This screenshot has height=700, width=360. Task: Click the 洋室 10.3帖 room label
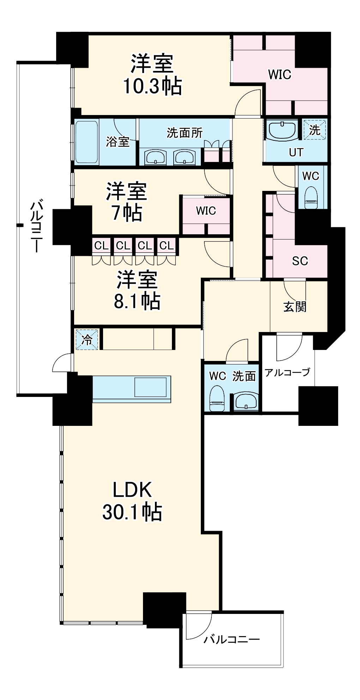(152, 74)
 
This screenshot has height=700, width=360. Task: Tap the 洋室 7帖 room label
(126, 202)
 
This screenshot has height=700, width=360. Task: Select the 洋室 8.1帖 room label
(137, 290)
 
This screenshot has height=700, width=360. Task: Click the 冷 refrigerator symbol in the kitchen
(86, 339)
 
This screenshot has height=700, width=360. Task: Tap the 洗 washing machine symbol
(314, 129)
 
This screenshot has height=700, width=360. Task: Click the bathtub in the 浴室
(86, 142)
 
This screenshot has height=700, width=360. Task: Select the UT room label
(296, 152)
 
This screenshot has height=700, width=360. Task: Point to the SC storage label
(300, 261)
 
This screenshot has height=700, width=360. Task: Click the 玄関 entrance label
(295, 307)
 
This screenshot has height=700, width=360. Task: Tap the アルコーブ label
(287, 372)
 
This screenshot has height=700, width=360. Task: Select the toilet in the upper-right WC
(311, 197)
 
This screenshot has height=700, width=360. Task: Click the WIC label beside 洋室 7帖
(206, 211)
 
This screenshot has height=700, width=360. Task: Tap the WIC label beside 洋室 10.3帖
(280, 74)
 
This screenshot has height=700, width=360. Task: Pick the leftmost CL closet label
(101, 245)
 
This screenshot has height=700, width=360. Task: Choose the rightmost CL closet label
(167, 245)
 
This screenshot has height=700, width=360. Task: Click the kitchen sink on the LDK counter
(150, 387)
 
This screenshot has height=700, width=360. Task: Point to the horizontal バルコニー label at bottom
(232, 639)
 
